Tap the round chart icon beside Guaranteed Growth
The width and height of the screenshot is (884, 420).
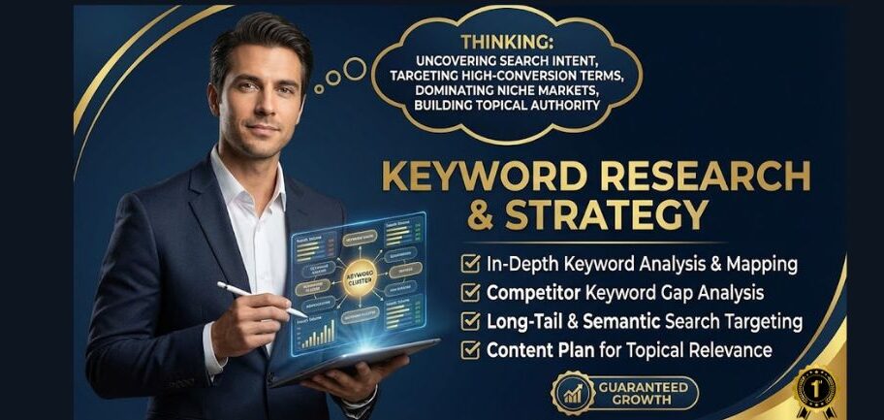571,394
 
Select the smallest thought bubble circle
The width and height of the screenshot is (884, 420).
319,89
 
